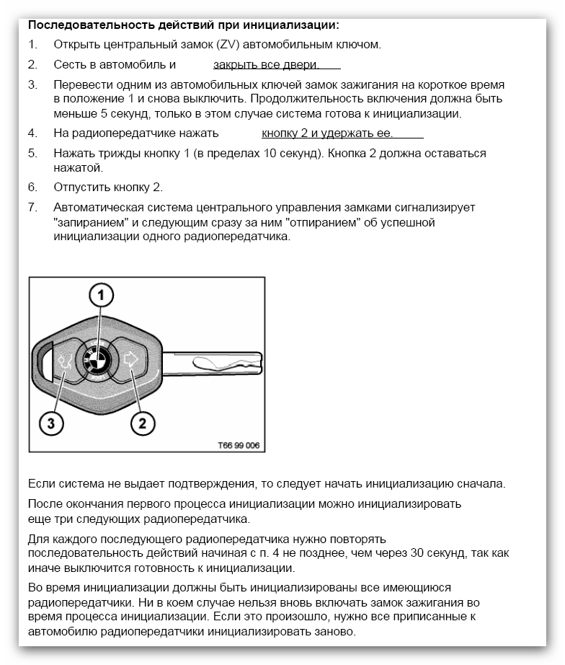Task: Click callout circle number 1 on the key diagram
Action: point(102,295)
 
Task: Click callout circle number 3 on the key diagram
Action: point(51,423)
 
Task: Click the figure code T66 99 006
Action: point(239,445)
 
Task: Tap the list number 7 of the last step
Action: point(32,208)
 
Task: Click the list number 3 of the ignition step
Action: point(32,85)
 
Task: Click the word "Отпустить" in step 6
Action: point(81,188)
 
